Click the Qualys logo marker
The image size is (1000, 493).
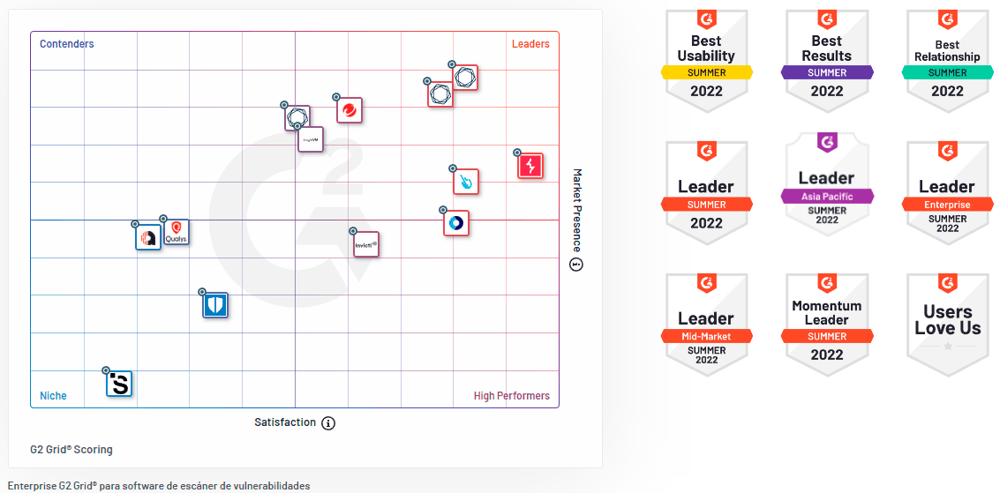(177, 232)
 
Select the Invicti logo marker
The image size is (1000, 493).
(366, 244)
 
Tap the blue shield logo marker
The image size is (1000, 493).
(215, 305)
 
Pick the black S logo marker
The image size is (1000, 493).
(119, 384)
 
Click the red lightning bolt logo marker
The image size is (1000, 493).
(530, 166)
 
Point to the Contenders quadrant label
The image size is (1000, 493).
(67, 44)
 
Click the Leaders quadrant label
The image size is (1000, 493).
(530, 44)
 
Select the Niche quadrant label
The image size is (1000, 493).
(53, 396)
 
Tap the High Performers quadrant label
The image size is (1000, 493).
(512, 396)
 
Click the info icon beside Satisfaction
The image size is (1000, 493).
(328, 423)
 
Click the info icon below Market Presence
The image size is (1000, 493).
(576, 265)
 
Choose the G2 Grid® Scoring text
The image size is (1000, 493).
(71, 450)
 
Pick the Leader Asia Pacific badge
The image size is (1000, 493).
(827, 187)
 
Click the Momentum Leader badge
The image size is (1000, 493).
(827, 324)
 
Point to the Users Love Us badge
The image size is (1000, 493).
(947, 324)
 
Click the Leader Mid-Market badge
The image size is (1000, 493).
(706, 324)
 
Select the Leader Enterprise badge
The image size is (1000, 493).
(947, 191)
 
